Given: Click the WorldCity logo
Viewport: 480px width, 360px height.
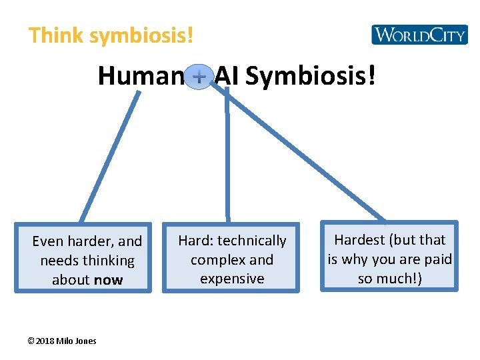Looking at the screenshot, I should tap(419, 34).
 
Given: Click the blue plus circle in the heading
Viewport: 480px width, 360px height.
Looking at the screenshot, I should tap(199, 77).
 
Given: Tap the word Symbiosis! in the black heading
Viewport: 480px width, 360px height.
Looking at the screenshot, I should tap(310, 77).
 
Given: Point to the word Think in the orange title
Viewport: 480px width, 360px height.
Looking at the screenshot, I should tap(57, 35).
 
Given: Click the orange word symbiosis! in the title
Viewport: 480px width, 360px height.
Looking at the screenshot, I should tap(141, 35).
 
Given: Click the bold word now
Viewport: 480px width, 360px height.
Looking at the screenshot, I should tap(108, 280).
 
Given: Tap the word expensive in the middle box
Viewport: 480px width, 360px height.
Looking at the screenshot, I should tap(232, 279).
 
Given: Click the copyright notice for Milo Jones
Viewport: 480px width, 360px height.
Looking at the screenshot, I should tap(62, 341).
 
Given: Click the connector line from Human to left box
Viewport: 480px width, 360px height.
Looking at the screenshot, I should tap(109, 157).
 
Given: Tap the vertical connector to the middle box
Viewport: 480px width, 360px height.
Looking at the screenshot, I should tap(227, 160).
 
